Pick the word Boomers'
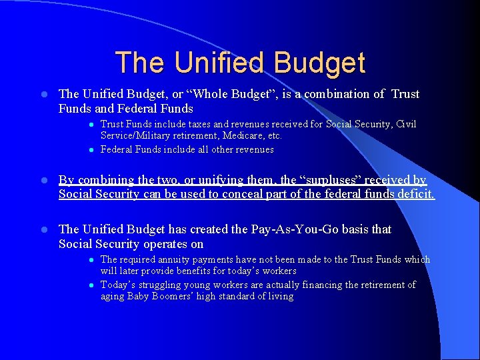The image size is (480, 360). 175,296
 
